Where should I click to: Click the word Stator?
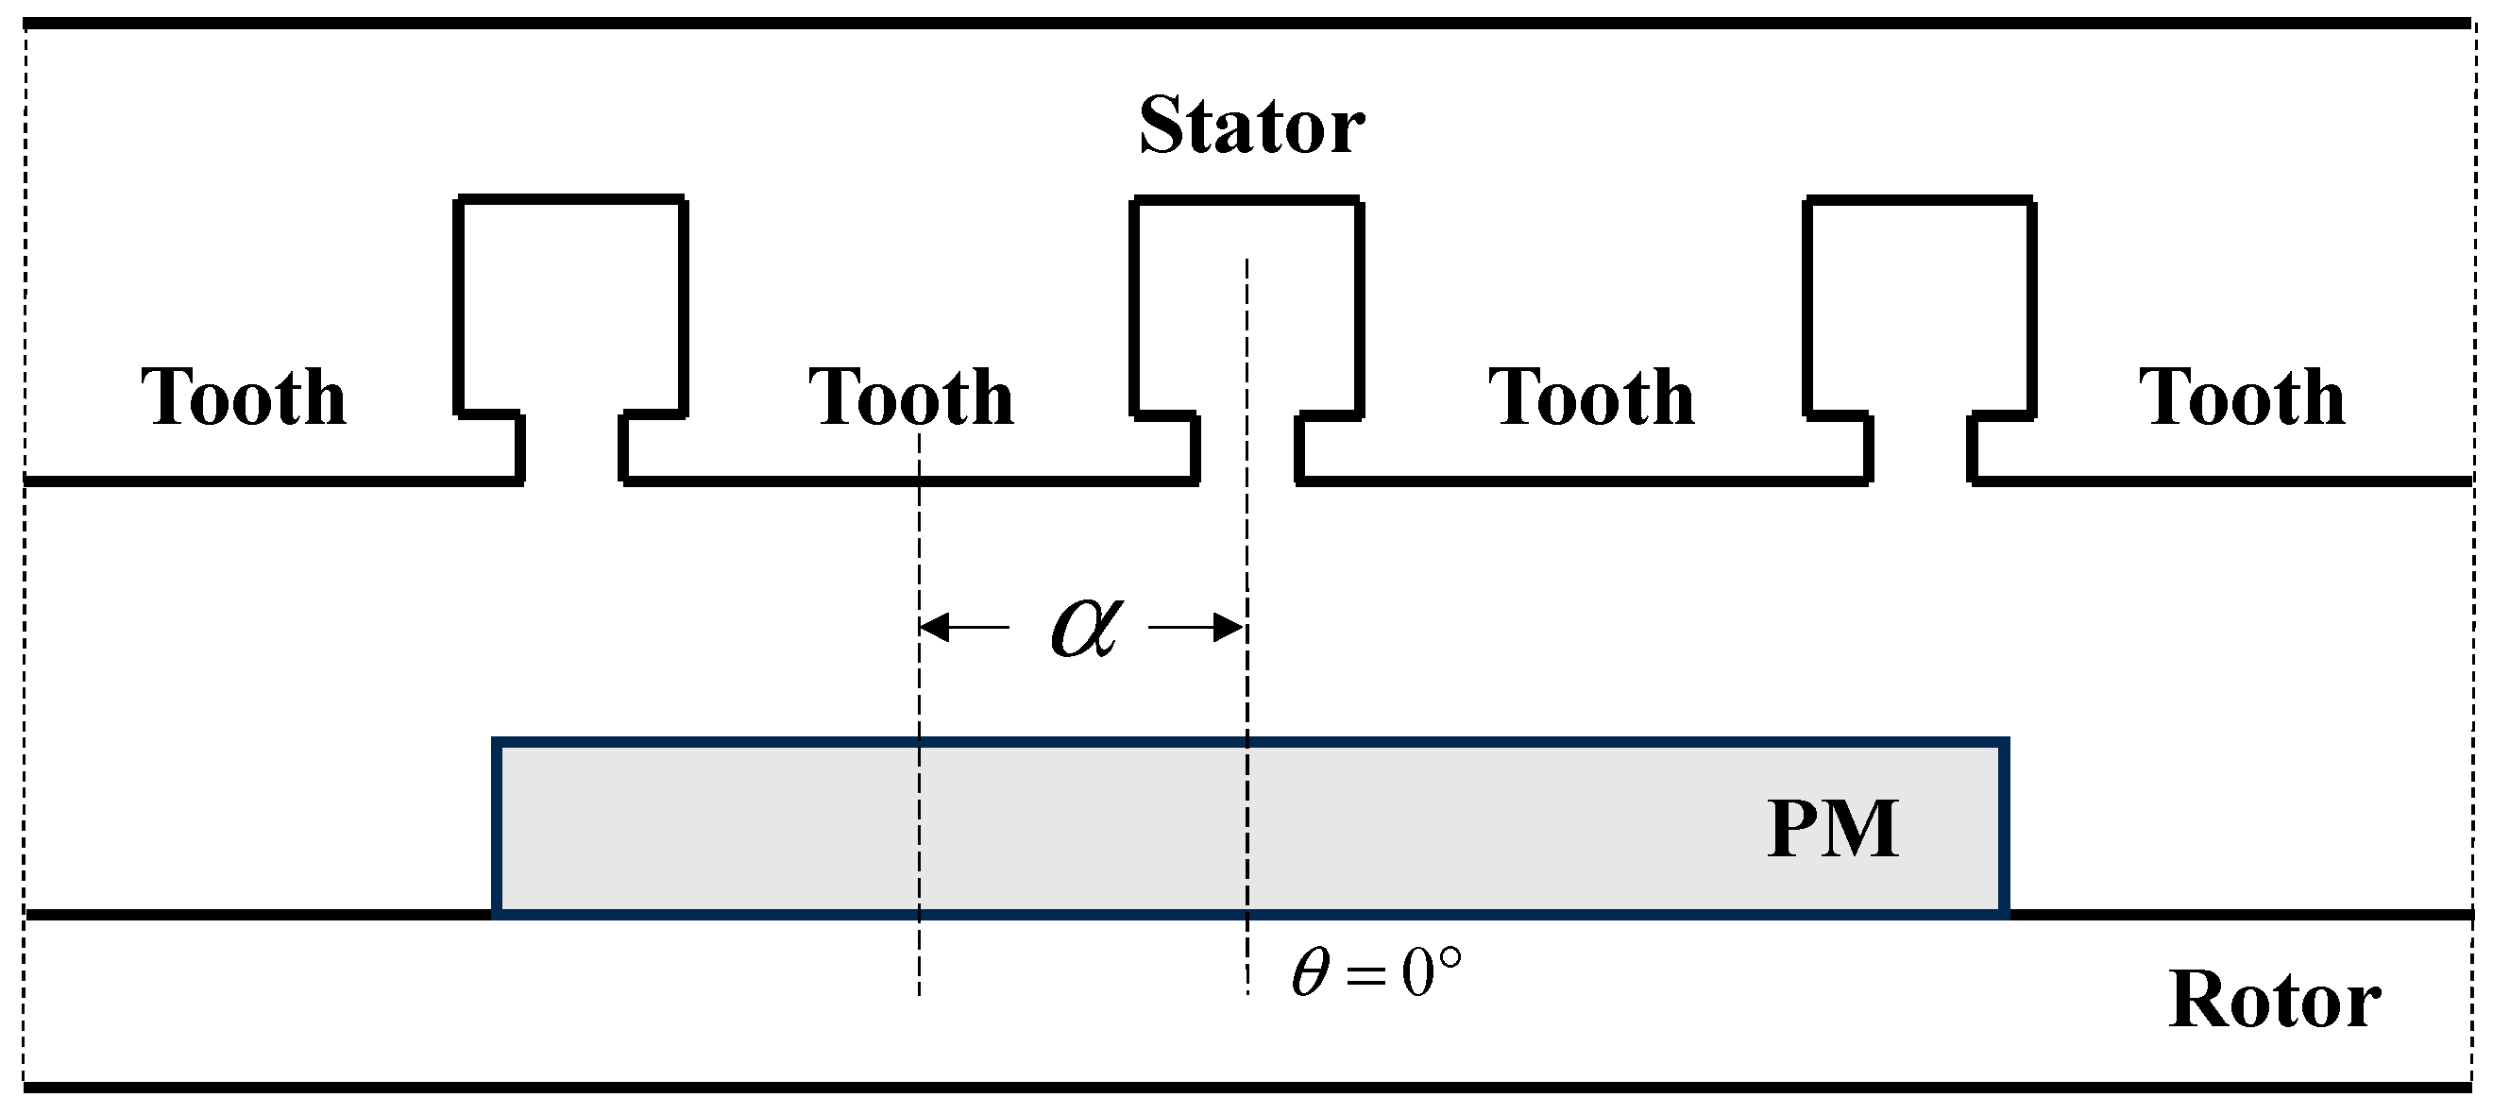point(1250,127)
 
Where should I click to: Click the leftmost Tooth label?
point(244,397)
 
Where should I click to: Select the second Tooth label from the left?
point(910,397)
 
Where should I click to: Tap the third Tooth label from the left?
point(1591,397)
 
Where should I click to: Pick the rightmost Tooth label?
point(2242,397)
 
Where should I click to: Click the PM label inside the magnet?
point(1833,830)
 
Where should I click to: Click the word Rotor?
point(2274,1000)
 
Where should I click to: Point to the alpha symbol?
point(1086,626)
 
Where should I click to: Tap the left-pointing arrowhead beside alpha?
point(931,628)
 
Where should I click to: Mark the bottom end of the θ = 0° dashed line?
point(1247,993)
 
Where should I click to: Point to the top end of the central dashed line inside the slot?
point(1247,262)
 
